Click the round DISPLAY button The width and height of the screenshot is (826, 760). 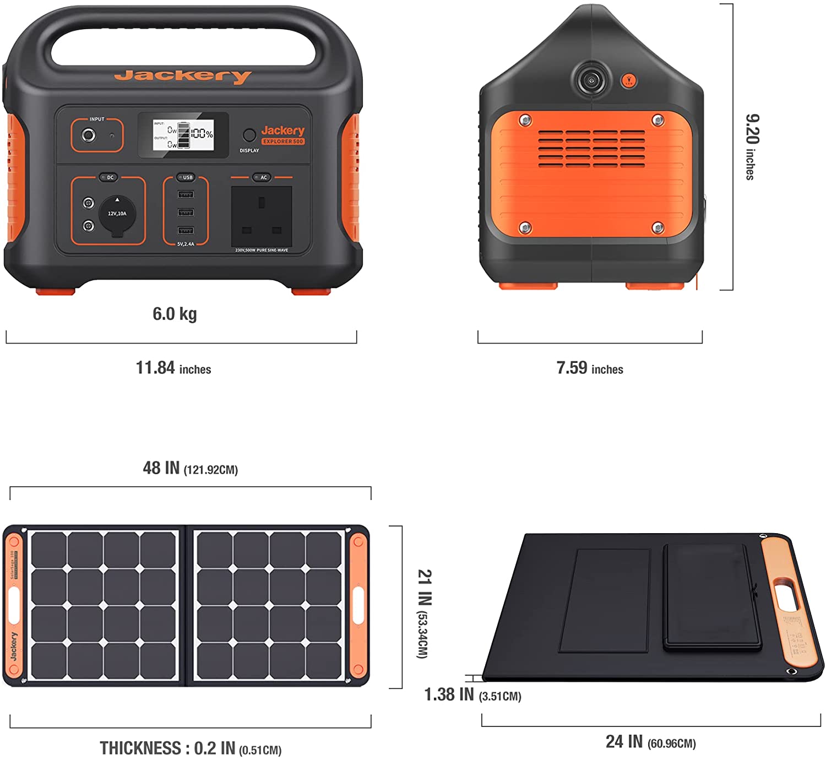coord(249,135)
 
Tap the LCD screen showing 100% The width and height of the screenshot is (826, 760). coord(183,135)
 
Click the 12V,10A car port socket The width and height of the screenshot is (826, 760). coord(117,214)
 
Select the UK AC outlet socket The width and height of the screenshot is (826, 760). coord(262,216)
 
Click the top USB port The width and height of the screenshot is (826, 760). coord(186,194)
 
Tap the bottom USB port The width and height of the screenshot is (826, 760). coord(186,231)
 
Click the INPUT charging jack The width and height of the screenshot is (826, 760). coord(88,135)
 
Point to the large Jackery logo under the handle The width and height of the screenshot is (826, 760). coord(183,75)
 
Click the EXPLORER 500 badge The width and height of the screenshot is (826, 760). coord(282,142)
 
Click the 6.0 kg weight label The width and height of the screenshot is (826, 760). coord(175,314)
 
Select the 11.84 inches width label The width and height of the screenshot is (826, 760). coord(173,368)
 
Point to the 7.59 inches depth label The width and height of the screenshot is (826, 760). coord(590,368)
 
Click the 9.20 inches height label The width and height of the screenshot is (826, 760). coord(751,146)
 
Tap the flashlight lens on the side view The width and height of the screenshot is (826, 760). coord(591,81)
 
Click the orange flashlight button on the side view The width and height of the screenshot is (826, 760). coord(629,81)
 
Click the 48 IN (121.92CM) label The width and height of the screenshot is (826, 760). coord(190,468)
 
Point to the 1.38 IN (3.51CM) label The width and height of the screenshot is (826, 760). coord(472,695)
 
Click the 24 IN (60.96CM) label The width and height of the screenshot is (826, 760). coord(650,742)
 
